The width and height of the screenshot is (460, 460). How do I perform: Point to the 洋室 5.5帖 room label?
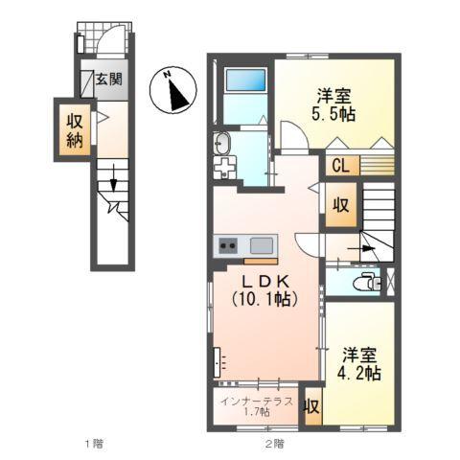coord(336,103)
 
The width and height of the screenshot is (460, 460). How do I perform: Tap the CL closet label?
coord(340,165)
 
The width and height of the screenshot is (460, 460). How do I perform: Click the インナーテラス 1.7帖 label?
coord(254,406)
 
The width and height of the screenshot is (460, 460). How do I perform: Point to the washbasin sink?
coord(222,145)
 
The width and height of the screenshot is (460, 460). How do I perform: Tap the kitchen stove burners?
coord(229,244)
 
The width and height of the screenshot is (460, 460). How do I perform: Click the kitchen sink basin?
coord(262,243)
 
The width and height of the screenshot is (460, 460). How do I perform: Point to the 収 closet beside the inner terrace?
coord(311,405)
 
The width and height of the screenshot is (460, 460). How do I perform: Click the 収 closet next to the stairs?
coord(339,204)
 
